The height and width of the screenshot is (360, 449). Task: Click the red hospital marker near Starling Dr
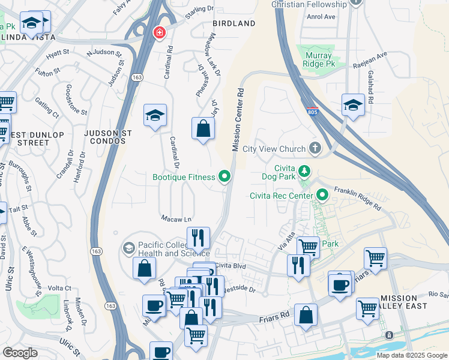pos(159,32)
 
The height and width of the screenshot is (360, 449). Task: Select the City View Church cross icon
pos(314,148)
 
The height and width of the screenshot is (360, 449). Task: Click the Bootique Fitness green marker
pos(224,176)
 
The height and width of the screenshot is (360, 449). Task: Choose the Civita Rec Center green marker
pos(322,195)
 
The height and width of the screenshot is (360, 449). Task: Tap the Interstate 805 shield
pos(310,112)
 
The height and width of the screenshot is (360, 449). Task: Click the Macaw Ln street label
pos(175,218)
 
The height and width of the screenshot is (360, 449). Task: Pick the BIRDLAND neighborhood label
pos(234,23)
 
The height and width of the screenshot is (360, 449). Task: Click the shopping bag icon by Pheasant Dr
pos(203,128)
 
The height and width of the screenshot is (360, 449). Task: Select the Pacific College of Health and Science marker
pos(128,247)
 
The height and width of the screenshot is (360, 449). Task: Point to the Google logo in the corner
pos(20,353)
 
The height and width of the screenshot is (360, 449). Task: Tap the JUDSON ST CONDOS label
pos(105,137)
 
